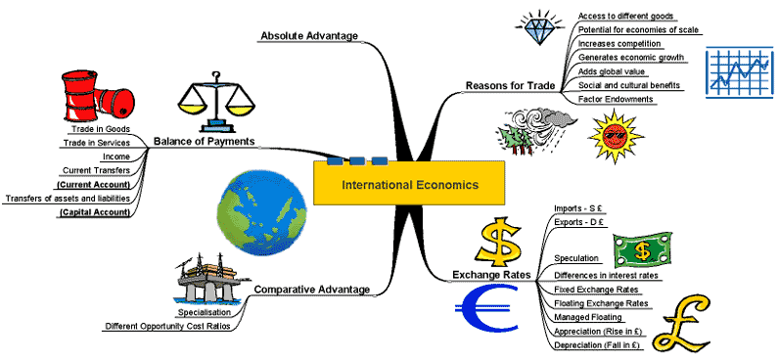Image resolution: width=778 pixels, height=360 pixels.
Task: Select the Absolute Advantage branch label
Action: (x=309, y=35)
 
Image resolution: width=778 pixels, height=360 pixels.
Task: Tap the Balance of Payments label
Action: (x=204, y=141)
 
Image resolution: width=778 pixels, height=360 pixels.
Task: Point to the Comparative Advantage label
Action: (x=311, y=290)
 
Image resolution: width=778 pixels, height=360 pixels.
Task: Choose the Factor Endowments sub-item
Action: (x=616, y=99)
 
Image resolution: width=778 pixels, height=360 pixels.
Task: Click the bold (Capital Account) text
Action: (x=94, y=212)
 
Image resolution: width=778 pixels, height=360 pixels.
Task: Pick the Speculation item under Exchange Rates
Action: (x=576, y=258)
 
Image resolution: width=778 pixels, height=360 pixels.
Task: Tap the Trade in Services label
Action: (x=97, y=143)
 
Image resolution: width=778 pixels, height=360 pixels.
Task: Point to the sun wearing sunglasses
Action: (x=616, y=136)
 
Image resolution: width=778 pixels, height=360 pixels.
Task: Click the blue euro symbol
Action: (x=486, y=308)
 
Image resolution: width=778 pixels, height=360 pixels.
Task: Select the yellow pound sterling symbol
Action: (x=682, y=322)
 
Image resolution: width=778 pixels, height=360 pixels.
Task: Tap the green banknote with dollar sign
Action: (x=642, y=250)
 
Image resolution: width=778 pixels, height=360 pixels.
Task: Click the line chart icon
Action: (x=739, y=72)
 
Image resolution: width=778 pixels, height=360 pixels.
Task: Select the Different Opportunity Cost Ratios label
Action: (x=167, y=327)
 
